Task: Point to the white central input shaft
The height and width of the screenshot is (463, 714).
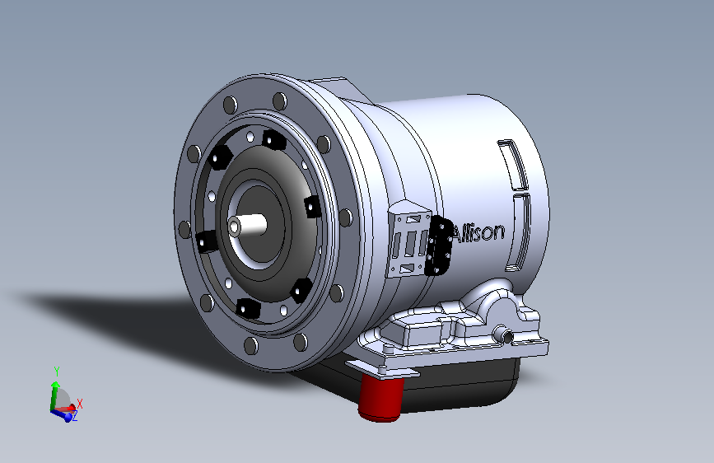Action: (248, 225)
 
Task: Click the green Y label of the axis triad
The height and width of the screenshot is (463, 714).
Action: (57, 372)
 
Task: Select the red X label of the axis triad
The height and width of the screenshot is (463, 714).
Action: (80, 404)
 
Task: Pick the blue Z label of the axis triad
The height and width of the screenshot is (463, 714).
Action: (75, 416)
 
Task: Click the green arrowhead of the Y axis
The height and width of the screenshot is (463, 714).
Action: (55, 385)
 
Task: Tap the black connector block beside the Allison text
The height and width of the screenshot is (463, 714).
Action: (438, 246)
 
